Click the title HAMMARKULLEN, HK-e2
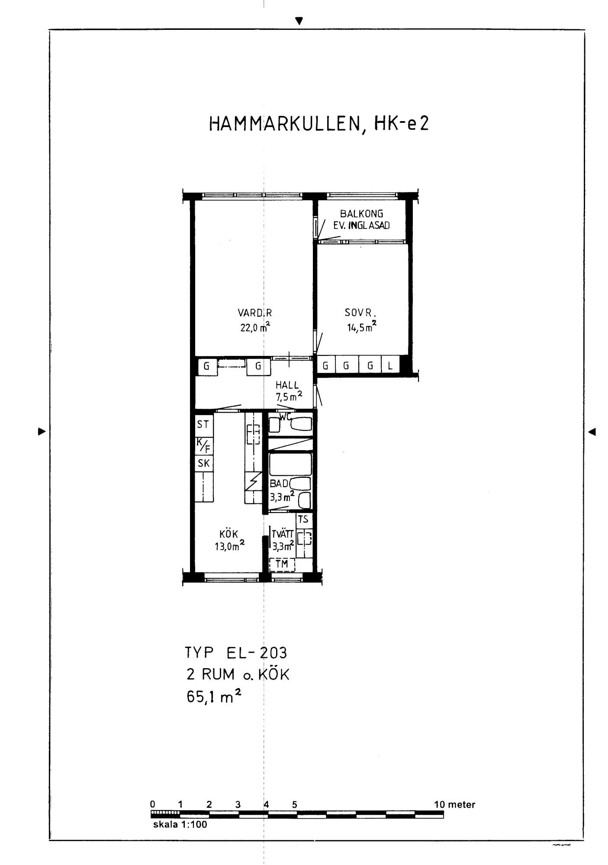click(319, 124)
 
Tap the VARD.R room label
click(255, 313)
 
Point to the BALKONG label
click(361, 214)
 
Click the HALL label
click(287, 385)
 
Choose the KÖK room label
click(229, 534)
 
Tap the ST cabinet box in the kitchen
click(203, 425)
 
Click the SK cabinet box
click(203, 464)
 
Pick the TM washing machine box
click(282, 564)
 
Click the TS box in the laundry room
click(303, 519)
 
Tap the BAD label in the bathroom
click(279, 484)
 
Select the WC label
click(284, 417)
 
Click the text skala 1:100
click(180, 824)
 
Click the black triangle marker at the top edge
click(299, 20)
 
